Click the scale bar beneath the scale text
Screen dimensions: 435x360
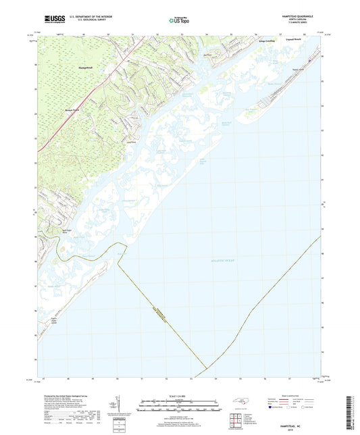[x=180, y=407]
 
